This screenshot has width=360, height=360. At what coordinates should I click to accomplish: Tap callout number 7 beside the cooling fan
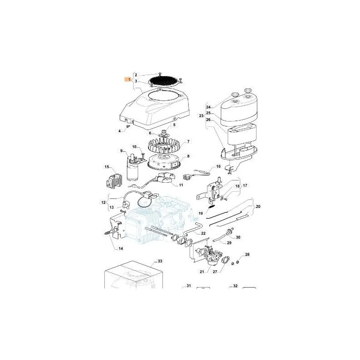(188, 141)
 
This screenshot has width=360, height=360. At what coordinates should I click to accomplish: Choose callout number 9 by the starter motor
(121, 151)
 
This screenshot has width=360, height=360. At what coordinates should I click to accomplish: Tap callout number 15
(107, 167)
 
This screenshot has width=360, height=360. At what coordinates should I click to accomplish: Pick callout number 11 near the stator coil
(181, 185)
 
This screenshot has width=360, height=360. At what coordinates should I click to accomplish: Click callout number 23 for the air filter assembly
(201, 116)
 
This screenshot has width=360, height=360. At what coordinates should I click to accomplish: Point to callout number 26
(208, 120)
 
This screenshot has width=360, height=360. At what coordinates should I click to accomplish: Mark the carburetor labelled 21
(210, 255)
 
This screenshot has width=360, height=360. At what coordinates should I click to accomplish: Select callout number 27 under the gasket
(215, 272)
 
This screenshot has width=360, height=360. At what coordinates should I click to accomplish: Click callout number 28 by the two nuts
(247, 254)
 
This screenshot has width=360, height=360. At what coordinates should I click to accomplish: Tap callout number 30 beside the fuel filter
(238, 237)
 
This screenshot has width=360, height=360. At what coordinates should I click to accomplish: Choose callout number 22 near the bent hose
(203, 233)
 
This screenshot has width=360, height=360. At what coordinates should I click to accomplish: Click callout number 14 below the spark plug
(121, 248)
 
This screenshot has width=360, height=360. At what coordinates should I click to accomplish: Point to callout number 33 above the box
(160, 261)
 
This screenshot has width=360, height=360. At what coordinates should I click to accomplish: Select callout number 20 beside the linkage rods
(258, 207)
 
